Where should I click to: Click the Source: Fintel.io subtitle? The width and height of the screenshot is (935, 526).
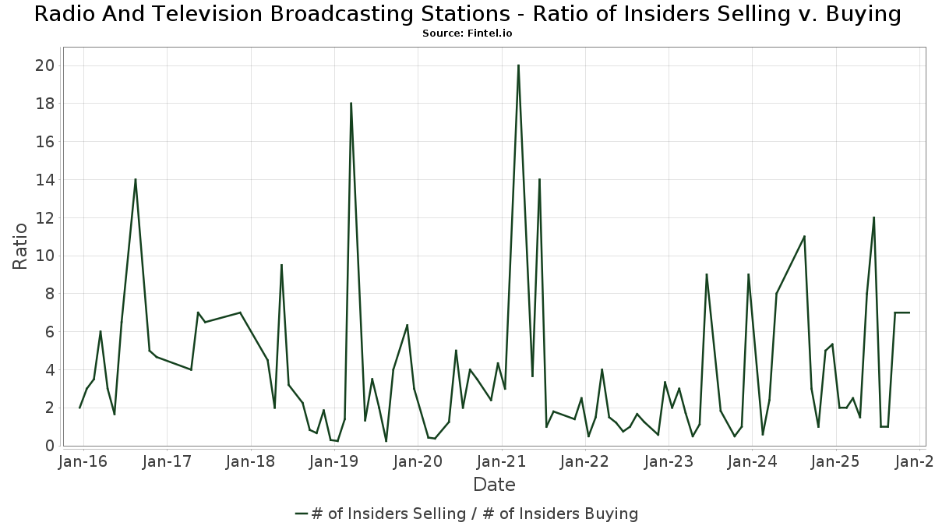pos(467,34)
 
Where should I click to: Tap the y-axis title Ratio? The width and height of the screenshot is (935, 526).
pos(20,246)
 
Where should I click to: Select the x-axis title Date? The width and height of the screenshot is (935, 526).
pos(494,485)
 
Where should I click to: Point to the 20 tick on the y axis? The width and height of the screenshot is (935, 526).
pos(44,65)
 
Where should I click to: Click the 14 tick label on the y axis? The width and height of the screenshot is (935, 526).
pos(44,180)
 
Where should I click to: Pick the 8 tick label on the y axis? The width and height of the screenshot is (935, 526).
pos(49,294)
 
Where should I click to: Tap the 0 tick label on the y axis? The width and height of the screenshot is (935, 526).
pos(49,446)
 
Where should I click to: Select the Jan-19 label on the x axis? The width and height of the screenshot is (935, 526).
pos(334,461)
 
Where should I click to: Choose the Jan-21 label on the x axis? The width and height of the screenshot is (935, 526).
pos(502,461)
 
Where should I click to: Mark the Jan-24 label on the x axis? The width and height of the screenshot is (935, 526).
pos(752,461)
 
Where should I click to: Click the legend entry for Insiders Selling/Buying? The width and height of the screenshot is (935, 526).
pos(467,514)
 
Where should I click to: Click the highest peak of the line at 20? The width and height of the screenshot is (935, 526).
pos(518,65)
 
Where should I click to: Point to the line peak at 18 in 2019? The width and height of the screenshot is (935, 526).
pos(351,103)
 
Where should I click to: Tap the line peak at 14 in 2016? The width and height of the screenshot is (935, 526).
pos(136,179)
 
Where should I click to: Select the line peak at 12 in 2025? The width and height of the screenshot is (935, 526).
pos(873,217)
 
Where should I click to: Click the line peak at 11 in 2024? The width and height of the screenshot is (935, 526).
pos(804,236)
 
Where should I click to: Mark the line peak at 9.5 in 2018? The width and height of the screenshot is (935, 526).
pos(281,265)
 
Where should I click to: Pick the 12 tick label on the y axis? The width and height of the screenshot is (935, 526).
pos(44,217)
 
